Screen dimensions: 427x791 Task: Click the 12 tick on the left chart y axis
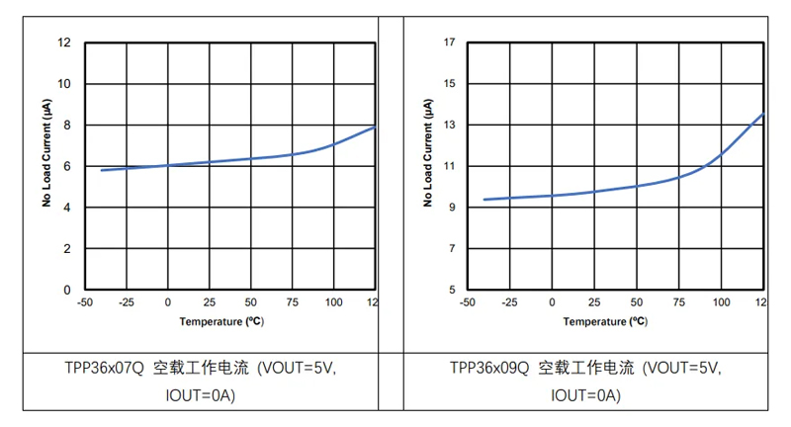click(x=65, y=43)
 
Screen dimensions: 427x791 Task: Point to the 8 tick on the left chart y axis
click(x=67, y=126)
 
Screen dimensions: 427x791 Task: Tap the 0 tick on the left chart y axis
click(x=67, y=291)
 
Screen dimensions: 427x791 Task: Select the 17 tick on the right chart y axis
click(x=449, y=43)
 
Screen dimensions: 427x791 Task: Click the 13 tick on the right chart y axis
click(x=449, y=126)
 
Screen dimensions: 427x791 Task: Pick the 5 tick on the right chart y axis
click(x=452, y=291)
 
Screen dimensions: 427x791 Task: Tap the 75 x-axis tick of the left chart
click(x=292, y=301)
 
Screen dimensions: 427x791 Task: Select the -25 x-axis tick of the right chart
click(x=510, y=301)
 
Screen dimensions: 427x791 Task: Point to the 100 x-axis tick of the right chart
click(x=720, y=301)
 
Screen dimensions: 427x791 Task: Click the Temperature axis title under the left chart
click(x=220, y=321)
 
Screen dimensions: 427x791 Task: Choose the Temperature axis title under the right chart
click(x=605, y=321)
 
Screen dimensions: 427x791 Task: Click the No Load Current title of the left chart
click(x=46, y=159)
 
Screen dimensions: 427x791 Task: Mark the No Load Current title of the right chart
click(x=429, y=159)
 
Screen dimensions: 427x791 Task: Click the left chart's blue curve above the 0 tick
click(x=168, y=165)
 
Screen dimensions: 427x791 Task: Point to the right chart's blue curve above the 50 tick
click(x=637, y=185)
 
